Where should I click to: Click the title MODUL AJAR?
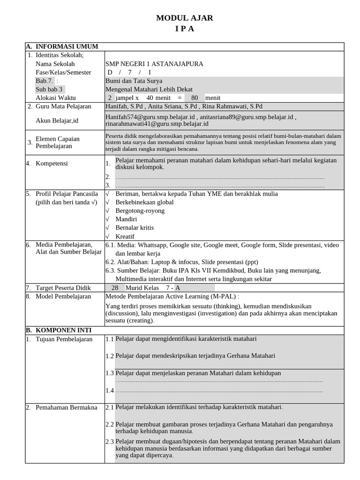pyautogui.click(x=184, y=18)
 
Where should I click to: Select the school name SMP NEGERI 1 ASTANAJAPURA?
pyautogui.click(x=154, y=64)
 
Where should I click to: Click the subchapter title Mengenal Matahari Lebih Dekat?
pyautogui.click(x=149, y=89)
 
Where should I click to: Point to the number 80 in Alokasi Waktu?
pyautogui.click(x=195, y=98)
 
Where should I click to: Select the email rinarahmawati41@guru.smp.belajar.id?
pyautogui.click(x=157, y=124)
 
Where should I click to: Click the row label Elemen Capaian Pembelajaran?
pyautogui.click(x=58, y=142)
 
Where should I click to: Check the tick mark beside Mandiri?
pyautogui.click(x=108, y=219)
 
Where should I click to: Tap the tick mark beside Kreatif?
pyautogui.click(x=108, y=236)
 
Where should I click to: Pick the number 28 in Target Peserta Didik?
pyautogui.click(x=115, y=288)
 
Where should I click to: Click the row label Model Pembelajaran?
pyautogui.click(x=63, y=296)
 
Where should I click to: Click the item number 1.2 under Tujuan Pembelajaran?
pyautogui.click(x=110, y=356)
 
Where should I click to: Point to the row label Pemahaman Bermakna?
pyautogui.click(x=66, y=407)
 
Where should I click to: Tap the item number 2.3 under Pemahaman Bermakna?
pyautogui.click(x=110, y=442)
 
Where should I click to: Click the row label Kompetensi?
pyautogui.click(x=52, y=163)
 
